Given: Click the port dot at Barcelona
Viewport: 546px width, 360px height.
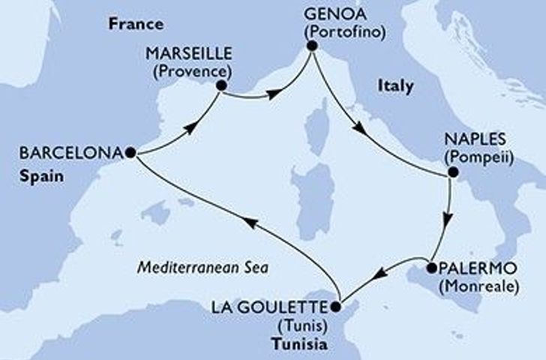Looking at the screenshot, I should [131, 152].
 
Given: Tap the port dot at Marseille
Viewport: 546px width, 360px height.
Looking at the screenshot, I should [222, 86].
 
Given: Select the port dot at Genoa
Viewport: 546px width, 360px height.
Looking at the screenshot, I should [311, 49].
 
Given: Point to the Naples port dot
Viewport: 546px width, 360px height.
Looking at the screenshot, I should [451, 173].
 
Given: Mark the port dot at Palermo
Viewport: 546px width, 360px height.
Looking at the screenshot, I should [431, 268].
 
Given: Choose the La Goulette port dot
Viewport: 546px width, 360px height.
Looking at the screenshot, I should [336, 306].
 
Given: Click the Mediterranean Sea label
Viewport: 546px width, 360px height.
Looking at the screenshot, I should [203, 267].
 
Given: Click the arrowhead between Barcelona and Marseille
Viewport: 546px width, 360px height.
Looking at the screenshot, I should [192, 127].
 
